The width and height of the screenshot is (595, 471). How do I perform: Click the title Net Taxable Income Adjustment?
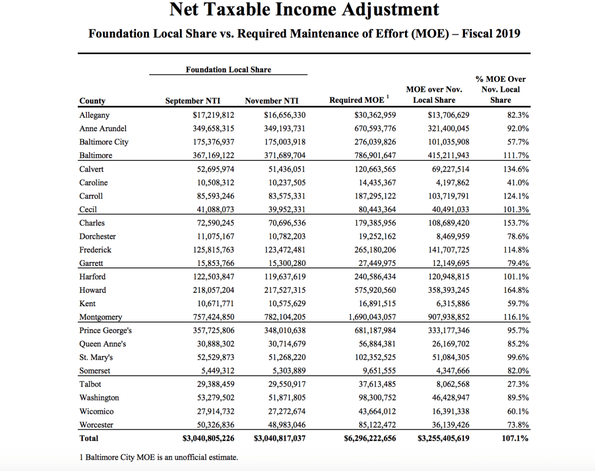[x=304, y=10]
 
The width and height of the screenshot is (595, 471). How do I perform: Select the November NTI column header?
[x=272, y=101]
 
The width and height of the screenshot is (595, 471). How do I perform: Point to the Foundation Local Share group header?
[x=228, y=70]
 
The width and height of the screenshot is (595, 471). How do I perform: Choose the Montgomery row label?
[x=101, y=317]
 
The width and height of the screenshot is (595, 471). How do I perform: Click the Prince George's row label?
[x=106, y=331]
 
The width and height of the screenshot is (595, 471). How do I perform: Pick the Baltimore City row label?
[x=104, y=142]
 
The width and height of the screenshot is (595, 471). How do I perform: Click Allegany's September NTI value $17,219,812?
[x=213, y=115]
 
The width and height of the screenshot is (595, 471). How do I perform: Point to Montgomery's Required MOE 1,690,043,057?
[x=372, y=317]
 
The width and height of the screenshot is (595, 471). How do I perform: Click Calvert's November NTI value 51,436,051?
[x=284, y=169]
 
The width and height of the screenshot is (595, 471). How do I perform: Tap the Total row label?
[x=89, y=438]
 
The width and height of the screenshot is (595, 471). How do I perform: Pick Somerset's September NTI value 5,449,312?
[x=215, y=371]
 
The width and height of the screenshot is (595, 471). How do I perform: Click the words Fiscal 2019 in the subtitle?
[x=491, y=34]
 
